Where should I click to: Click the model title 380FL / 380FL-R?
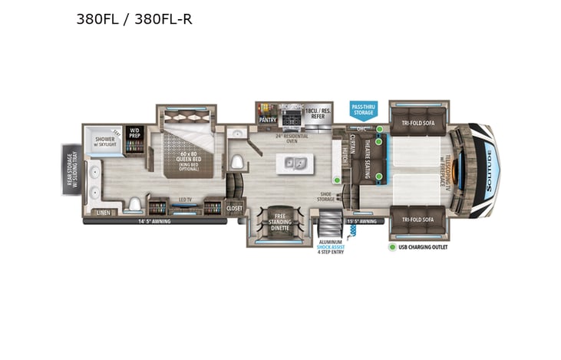134,20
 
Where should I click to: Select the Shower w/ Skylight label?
105,142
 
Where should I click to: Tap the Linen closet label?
101,213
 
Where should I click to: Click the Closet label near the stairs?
234,207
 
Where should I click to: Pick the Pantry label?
267,120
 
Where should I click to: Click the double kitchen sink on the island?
295,163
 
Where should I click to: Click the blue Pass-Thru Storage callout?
363,110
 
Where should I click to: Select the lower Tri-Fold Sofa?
418,220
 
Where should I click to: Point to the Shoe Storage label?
326,198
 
